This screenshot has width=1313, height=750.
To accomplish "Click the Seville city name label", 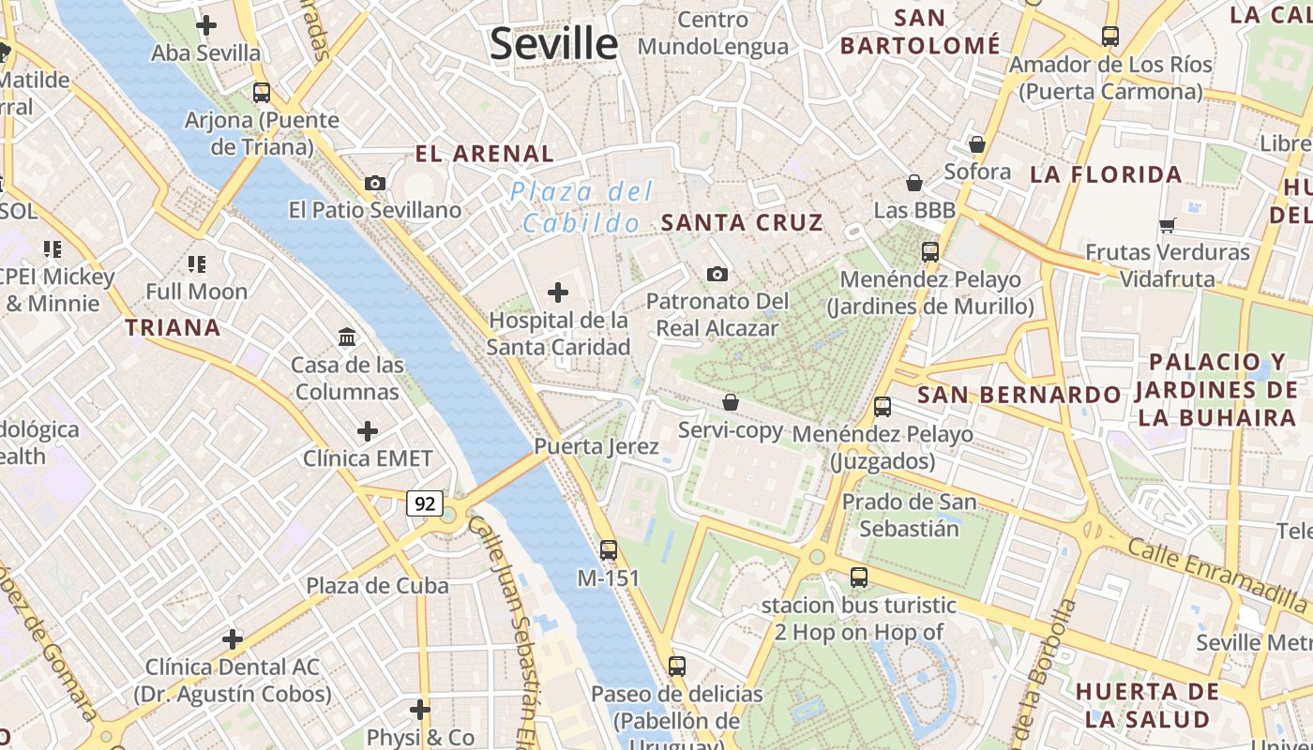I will pos(553,44).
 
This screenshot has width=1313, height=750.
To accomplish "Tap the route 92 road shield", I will pos(425,504).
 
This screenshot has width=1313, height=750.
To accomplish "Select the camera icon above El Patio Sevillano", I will pos(375,183).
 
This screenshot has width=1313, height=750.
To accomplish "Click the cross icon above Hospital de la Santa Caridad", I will pos(558,293).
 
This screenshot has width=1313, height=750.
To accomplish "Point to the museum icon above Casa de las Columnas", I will pos(347,337).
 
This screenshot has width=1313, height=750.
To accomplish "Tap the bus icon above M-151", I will pos(609,550).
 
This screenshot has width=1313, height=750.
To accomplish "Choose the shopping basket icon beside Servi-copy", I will pos(731,402).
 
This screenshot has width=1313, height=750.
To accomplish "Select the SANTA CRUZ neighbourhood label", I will pos(742,223).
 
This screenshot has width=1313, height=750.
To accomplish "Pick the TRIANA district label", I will pos(174,328).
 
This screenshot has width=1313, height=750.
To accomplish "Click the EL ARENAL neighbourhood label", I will pos(485,154).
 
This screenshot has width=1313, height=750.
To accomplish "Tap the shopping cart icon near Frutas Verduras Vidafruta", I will pos(1168,225).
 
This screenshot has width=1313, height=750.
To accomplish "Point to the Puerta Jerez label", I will pos(596,447).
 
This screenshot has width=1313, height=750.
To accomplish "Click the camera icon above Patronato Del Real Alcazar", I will pos(717,274).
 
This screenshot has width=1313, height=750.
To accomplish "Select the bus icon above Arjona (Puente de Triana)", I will pos(262,93).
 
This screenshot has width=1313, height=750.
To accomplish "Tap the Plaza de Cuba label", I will pos(377,586).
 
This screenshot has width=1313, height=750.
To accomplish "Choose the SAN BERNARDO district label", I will pos(1019,395).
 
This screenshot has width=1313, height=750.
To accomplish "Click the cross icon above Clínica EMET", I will pos(368,431).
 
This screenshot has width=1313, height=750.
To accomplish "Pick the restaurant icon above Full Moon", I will pos(196,264).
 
